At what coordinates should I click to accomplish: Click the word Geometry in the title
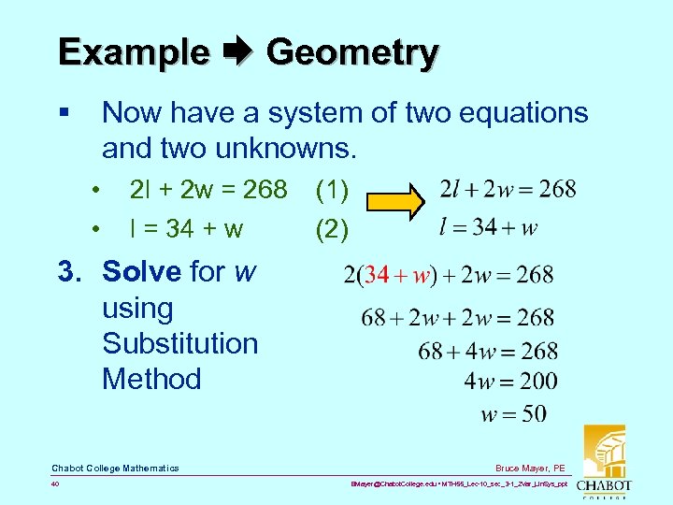point(351,52)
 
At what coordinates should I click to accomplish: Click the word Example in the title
point(133,52)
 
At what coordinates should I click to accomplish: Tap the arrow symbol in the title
point(238,52)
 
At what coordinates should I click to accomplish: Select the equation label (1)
point(333,190)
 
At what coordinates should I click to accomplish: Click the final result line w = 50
point(514,412)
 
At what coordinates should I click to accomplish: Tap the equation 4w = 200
point(510,381)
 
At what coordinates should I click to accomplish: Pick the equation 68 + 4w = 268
point(488,351)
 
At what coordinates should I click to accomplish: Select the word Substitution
point(179,343)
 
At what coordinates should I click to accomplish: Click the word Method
point(151,379)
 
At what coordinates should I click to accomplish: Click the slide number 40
point(57,484)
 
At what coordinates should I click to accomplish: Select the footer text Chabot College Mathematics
point(115,468)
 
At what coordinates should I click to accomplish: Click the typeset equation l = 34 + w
point(489,226)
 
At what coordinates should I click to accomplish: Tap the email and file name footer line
point(458,485)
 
